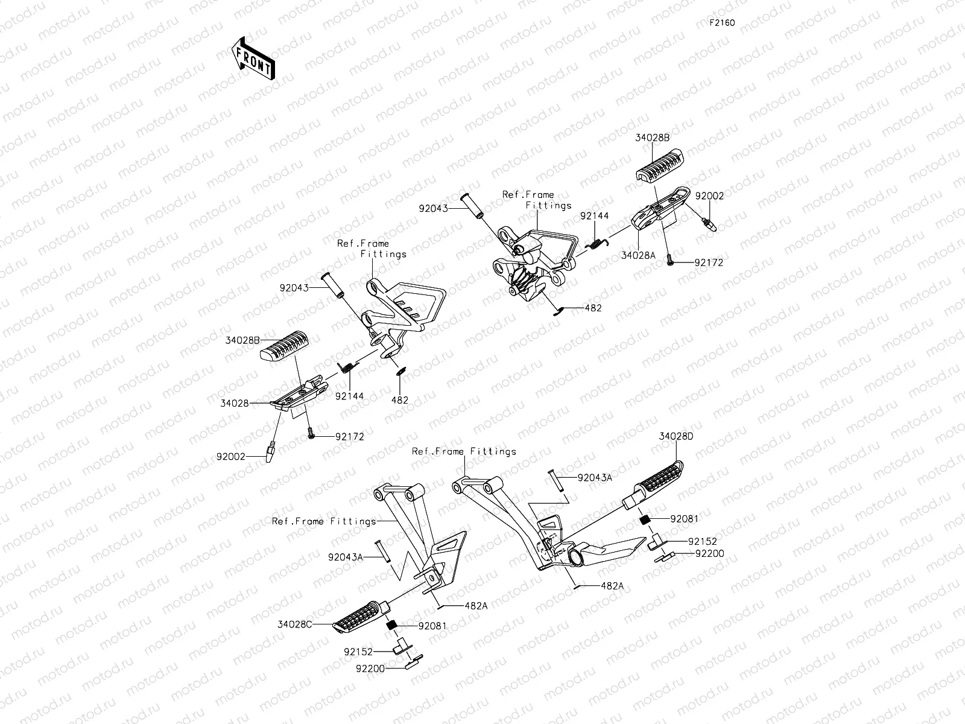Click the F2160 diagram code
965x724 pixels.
[x=722, y=23]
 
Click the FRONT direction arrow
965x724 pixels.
[x=253, y=59]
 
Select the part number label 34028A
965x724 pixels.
[x=638, y=255]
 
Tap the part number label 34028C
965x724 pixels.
[x=294, y=624]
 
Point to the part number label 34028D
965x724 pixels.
[x=675, y=436]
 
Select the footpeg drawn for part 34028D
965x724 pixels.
[x=653, y=483]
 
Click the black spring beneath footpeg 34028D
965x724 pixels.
[x=645, y=519]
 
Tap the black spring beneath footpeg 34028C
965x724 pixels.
[x=391, y=624]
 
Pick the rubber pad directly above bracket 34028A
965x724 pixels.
[x=659, y=165]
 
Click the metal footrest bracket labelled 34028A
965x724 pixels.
[x=661, y=208]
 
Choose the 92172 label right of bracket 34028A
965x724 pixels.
[x=709, y=262]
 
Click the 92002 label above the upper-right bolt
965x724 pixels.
[x=709, y=195]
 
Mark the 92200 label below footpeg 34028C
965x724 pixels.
[x=370, y=668]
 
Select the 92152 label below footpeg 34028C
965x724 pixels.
[x=358, y=652]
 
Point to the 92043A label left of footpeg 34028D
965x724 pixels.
[x=595, y=477]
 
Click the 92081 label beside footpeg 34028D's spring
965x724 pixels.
[x=684, y=519]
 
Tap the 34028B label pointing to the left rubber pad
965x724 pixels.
[x=242, y=340]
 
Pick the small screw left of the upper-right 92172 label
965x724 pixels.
[x=670, y=260]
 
